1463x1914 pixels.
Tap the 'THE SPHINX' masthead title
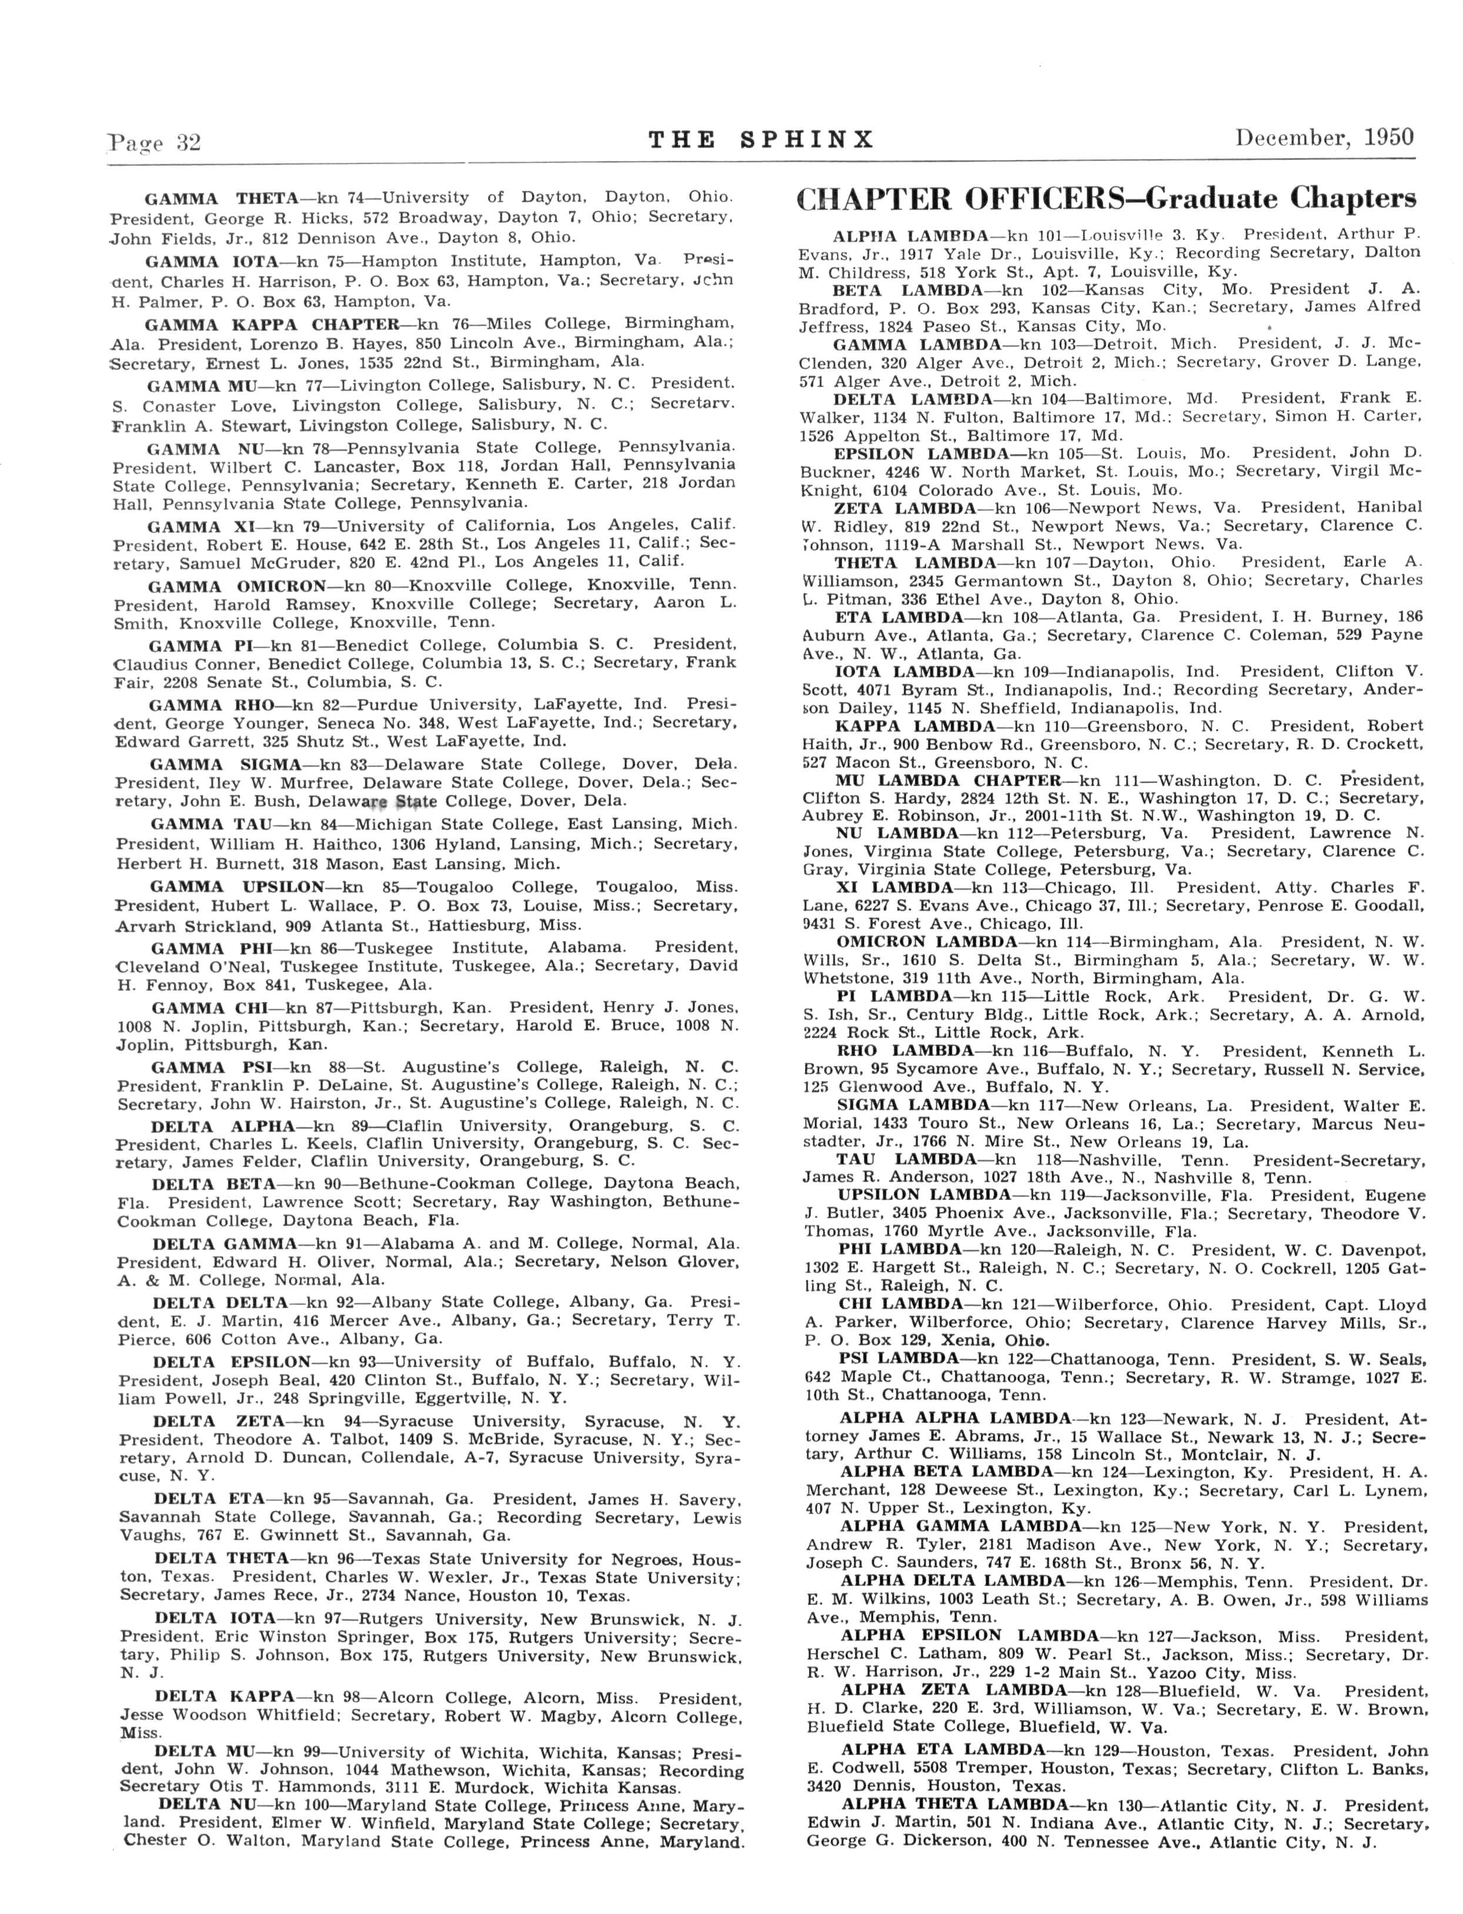pos(761,140)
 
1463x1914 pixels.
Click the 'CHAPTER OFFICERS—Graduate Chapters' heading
pos(1106,199)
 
